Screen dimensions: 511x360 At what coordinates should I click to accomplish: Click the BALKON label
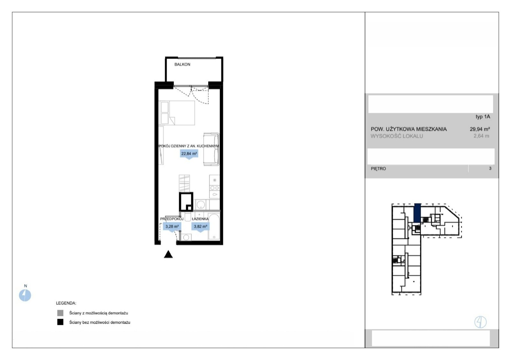(x=182, y=64)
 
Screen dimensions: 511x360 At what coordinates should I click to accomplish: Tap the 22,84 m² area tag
(x=189, y=154)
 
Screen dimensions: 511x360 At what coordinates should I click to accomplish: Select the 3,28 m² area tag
(x=172, y=227)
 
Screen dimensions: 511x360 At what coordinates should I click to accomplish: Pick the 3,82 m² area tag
(x=200, y=227)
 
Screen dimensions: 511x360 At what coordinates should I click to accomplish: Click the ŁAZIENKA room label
(x=200, y=219)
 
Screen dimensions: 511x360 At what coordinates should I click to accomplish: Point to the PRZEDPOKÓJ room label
(x=172, y=219)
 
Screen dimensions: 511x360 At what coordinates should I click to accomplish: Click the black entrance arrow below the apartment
(x=168, y=254)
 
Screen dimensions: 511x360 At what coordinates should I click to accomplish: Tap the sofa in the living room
(x=211, y=149)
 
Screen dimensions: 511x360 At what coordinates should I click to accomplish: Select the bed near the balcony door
(x=177, y=113)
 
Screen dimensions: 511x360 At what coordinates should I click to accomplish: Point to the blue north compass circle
(x=25, y=295)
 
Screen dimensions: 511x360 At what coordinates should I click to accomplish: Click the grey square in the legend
(x=60, y=313)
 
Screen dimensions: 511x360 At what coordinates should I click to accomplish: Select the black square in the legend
(x=60, y=322)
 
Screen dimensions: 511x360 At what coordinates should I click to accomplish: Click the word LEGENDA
(x=66, y=303)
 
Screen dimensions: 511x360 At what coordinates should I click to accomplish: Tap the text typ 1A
(x=483, y=117)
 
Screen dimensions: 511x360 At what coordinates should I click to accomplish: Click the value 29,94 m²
(x=480, y=129)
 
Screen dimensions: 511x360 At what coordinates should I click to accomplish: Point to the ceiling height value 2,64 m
(x=481, y=136)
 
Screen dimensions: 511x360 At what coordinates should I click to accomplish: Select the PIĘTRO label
(x=378, y=169)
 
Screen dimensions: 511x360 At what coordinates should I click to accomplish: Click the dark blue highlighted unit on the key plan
(x=417, y=213)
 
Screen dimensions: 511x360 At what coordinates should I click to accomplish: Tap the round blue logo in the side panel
(x=480, y=322)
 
